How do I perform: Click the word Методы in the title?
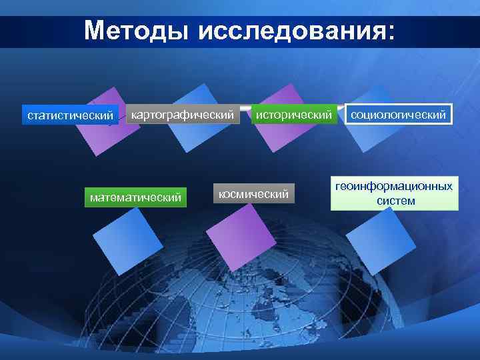tap(137, 31)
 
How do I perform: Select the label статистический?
tap(70, 116)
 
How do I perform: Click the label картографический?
tap(183, 115)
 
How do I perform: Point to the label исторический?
tap(293, 115)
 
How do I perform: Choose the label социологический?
tap(399, 115)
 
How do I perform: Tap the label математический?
tap(136, 197)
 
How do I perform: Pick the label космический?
tap(254, 194)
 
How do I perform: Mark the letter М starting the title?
tap(95, 31)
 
